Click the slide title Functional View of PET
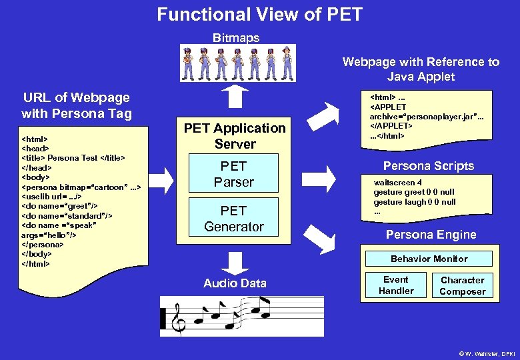pos(260,14)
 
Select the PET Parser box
pos(234,174)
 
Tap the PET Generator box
pos(234,219)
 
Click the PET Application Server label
pos(235,135)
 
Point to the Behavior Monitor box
pos(429,259)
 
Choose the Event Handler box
pos(396,285)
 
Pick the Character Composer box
pos(462,285)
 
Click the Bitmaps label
pos(235,38)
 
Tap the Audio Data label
pos(235,283)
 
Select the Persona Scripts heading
pos(429,166)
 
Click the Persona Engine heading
pos(431,234)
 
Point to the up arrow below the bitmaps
pos(234,97)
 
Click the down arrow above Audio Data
pos(234,262)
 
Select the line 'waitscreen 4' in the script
pos(397,183)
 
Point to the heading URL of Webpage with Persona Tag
pos(76,105)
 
